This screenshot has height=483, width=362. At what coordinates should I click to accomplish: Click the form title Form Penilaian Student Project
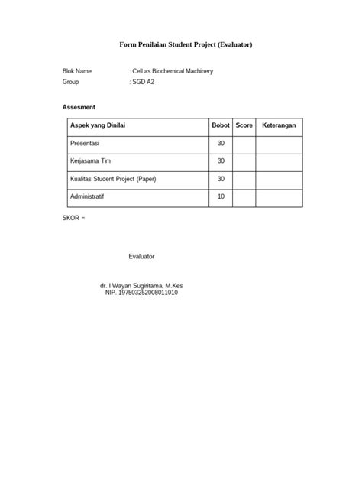[186, 45]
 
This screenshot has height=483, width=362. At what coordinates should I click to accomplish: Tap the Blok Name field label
[78, 71]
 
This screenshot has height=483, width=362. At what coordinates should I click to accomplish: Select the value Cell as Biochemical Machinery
[173, 71]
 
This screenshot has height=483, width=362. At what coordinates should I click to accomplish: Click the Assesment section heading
[79, 107]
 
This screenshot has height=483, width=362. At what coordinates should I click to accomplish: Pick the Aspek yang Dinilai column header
[98, 125]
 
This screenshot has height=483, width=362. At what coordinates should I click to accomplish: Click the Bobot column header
[220, 125]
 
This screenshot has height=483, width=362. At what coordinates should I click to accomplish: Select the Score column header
[244, 125]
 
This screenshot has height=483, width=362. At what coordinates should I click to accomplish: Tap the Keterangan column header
[279, 125]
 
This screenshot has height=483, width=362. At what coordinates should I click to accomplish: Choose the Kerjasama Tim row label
[90, 160]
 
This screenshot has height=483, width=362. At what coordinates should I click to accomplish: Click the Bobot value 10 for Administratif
[221, 196]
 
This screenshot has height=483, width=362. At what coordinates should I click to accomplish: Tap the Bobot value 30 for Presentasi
[221, 143]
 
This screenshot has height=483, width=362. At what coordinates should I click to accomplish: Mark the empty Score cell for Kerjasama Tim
[244, 160]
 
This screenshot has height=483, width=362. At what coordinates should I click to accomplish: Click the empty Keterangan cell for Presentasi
[279, 143]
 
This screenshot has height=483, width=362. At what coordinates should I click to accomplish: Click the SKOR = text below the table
[74, 219]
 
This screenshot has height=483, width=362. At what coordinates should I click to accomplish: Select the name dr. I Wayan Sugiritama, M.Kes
[142, 286]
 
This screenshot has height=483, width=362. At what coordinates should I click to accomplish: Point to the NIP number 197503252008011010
[142, 293]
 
